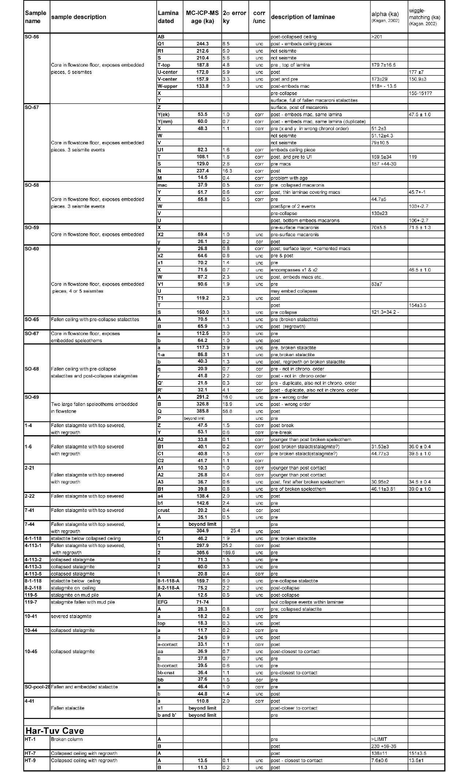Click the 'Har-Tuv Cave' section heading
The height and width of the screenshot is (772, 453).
pos(55,731)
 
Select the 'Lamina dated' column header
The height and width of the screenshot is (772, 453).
pos(168,17)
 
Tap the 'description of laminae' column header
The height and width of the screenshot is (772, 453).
pos(303,17)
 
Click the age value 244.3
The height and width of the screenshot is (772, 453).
pos(202,44)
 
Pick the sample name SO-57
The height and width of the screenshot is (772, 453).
pos(32,108)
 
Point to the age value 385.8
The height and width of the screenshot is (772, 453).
pos(202,411)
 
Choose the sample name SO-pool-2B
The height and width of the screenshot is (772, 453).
pos(37,687)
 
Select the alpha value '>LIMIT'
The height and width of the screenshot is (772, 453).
pos(379,739)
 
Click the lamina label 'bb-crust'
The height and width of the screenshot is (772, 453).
pos(166,673)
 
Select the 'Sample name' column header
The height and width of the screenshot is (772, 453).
pos(35,17)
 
